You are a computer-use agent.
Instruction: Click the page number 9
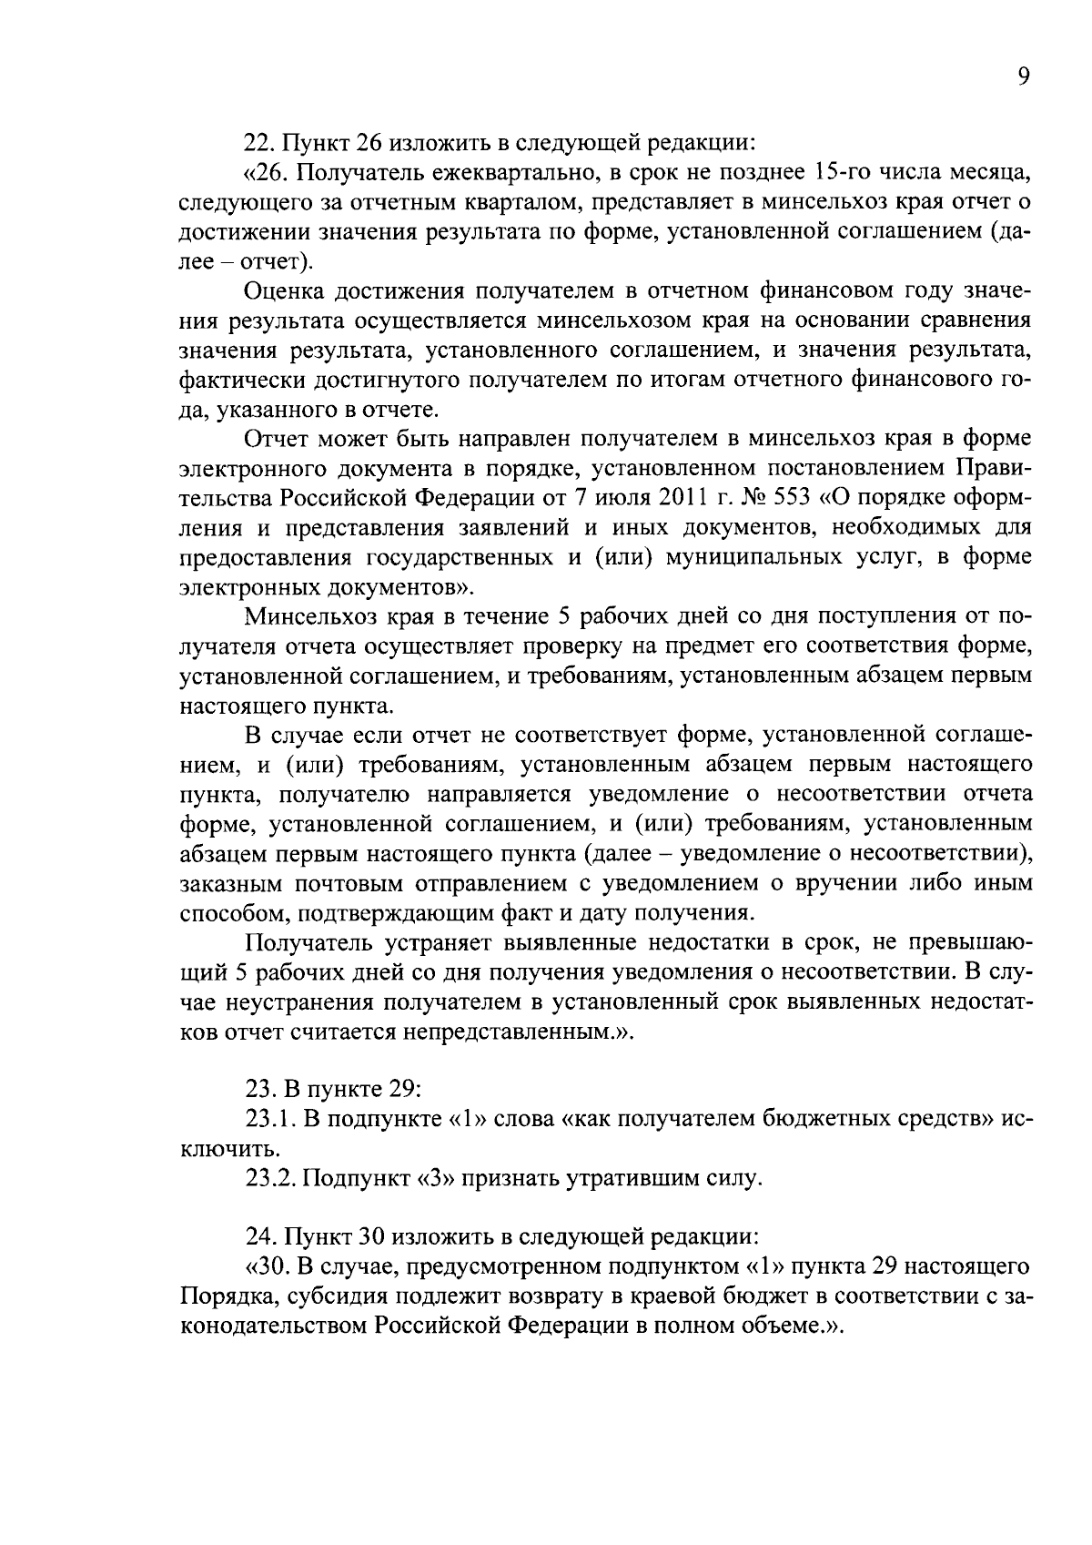tap(1024, 77)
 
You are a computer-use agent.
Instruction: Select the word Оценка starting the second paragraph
tap(286, 291)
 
